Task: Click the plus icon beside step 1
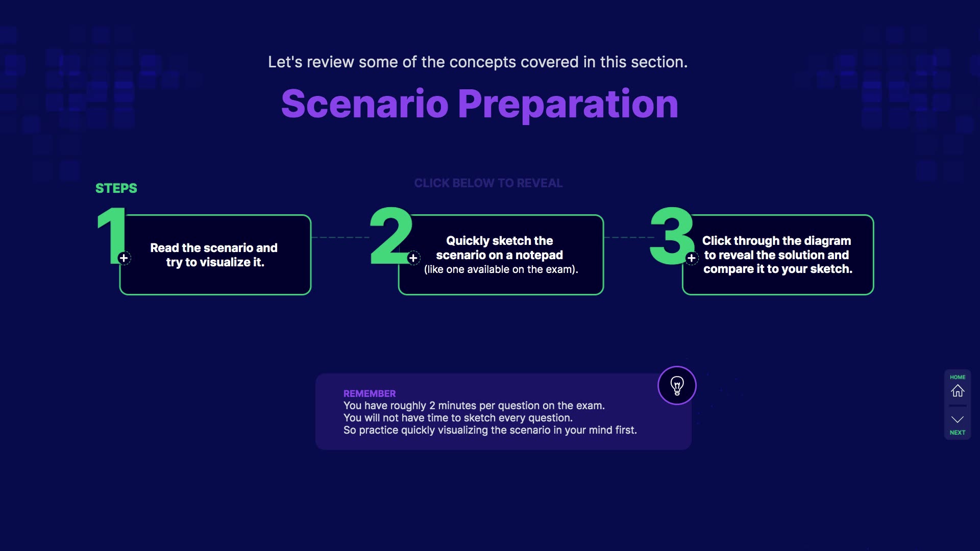(124, 258)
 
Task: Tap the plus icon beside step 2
(413, 258)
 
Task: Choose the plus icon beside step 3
(692, 258)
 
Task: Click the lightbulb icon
(677, 386)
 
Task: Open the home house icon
(958, 391)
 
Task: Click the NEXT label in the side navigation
(958, 433)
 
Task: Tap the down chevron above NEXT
(958, 419)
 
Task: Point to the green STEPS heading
(116, 188)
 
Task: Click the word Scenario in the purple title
(365, 104)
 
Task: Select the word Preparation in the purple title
(568, 105)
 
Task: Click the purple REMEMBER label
(370, 394)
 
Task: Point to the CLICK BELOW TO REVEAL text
(488, 183)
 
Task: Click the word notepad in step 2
(539, 255)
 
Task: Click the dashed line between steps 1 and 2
(340, 237)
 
